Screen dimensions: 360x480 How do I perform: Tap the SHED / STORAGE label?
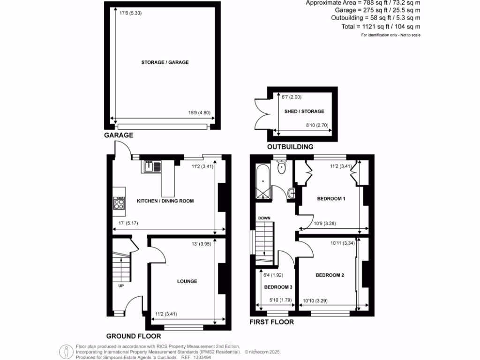pos(304,112)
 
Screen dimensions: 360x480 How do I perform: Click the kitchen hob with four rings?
pos(119,203)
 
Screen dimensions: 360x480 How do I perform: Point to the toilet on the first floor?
pos(281,167)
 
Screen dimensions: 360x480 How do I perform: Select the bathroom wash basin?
pos(291,192)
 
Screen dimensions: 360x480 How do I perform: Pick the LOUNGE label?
pos(187,282)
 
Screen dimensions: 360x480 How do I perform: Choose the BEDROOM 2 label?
pos(330,275)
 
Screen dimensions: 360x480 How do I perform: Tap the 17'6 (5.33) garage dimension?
pos(131,13)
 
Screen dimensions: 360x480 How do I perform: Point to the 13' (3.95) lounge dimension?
pos(202,244)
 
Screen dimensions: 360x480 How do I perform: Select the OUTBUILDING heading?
pos(290,147)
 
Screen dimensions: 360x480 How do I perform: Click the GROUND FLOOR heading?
pos(134,336)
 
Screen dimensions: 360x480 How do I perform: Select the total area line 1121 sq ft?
pos(381,27)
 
